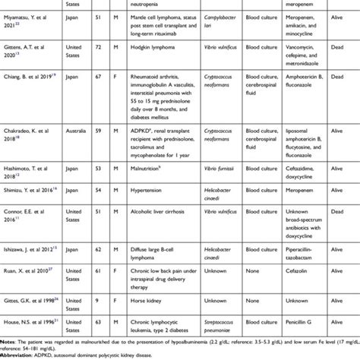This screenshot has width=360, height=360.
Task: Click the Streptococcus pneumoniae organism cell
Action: [x=200, y=324]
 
